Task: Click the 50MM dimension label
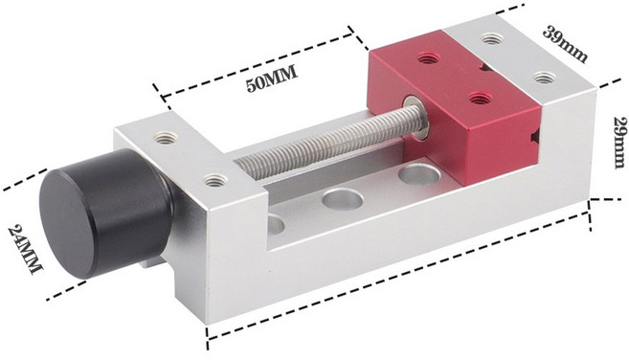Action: pyautogui.click(x=272, y=79)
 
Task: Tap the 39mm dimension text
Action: pyautogui.click(x=565, y=42)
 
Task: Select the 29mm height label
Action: pyautogui.click(x=619, y=143)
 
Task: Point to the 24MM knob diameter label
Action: pyautogui.click(x=25, y=249)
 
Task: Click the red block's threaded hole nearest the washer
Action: pyautogui.click(x=479, y=98)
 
